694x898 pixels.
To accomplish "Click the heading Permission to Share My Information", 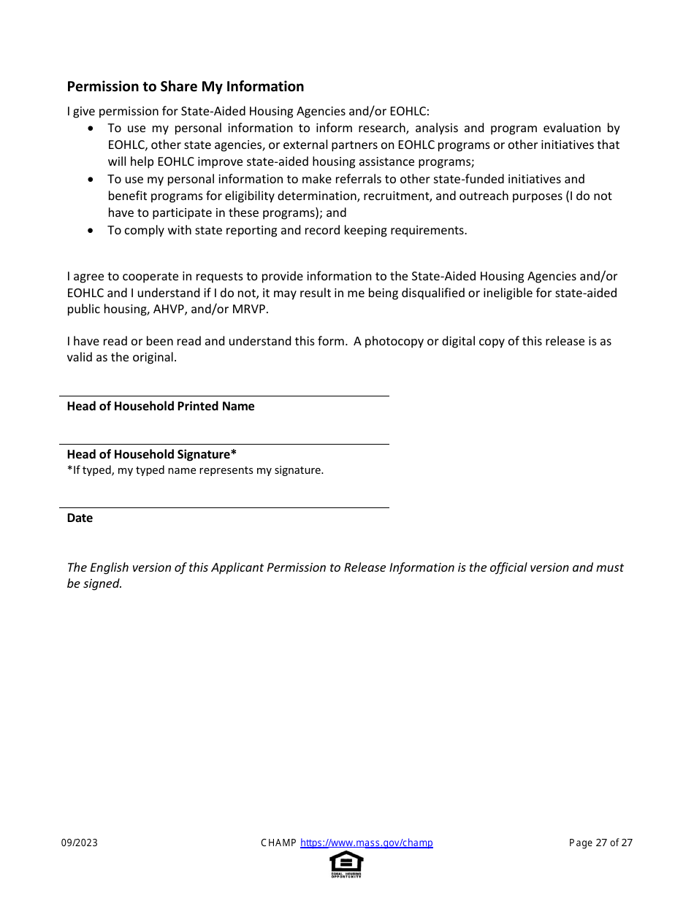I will (x=186, y=87).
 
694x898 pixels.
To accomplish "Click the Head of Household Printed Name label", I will (x=161, y=407).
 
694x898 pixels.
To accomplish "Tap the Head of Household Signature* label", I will (x=151, y=454).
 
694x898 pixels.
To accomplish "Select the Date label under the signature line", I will (x=80, y=518).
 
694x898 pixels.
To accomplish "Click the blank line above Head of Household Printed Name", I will (x=224, y=396).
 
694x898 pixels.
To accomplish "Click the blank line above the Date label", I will (x=224, y=507).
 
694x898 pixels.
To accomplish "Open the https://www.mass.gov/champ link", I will (x=366, y=843).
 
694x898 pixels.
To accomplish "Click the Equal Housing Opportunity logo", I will (x=346, y=864).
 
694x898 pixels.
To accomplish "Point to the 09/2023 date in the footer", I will (x=79, y=843).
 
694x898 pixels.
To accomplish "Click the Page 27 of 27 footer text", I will (x=600, y=843).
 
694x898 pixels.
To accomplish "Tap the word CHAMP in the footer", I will (x=278, y=843).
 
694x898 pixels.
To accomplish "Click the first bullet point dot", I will (x=91, y=128).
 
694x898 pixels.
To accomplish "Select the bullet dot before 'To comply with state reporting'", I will (x=91, y=231).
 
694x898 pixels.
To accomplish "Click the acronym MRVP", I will (x=251, y=310).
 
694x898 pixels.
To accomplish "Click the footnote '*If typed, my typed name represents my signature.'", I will (x=195, y=470).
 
